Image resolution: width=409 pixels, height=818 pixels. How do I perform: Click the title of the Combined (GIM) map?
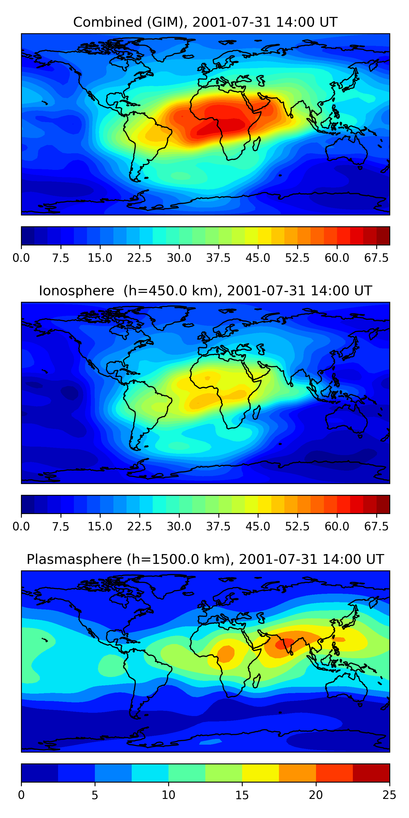pos(205,22)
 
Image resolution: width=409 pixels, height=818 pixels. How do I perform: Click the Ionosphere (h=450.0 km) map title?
pos(205,291)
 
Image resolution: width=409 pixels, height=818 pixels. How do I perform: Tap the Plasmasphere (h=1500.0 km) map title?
pos(205,559)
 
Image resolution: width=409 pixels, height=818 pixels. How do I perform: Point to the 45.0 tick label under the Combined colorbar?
pos(258,258)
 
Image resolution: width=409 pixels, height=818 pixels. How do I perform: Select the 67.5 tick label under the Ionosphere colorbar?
pos(376,527)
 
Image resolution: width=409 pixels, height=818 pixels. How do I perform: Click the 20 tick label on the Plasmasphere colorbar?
pos(316,795)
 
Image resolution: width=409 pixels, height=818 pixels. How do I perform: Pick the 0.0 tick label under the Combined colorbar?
pos(21,258)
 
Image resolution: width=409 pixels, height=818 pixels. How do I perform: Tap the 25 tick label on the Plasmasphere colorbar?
pos(389,795)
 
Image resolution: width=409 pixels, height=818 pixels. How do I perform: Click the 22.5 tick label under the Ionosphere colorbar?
pos(139,527)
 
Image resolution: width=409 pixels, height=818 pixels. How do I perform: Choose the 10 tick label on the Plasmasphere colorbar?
pos(168,795)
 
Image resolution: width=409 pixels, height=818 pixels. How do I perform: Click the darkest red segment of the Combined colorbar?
pos(383,236)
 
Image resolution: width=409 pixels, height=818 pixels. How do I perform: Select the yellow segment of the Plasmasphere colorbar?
pos(260,772)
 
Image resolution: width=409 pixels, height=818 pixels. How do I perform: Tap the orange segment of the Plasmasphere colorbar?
pos(297,772)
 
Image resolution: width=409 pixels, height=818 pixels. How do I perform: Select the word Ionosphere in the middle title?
pos(77,291)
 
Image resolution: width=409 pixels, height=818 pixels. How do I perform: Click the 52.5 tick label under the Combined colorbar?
pos(297,258)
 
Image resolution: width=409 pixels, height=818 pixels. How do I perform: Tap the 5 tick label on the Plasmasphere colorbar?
pos(95,795)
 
